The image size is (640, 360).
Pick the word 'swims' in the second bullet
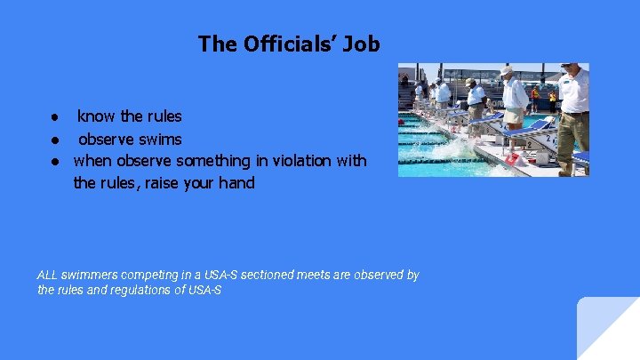(x=162, y=140)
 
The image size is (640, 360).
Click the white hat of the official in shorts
(x=507, y=70)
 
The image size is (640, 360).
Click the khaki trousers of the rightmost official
(x=572, y=133)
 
